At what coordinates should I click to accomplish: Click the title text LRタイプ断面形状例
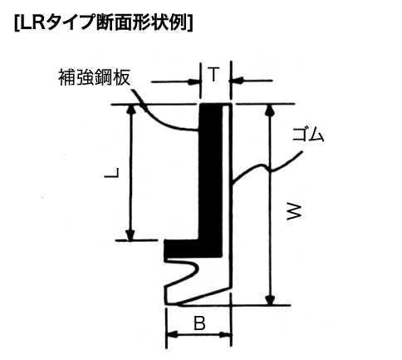click(104, 23)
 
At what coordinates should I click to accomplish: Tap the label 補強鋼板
click(94, 77)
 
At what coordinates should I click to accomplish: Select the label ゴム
click(308, 135)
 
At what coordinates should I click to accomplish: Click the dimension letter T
click(213, 74)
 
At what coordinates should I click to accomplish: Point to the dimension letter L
click(112, 173)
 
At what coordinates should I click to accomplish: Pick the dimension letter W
click(293, 212)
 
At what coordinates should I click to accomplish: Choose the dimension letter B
click(199, 323)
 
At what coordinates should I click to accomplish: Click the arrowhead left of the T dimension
click(194, 82)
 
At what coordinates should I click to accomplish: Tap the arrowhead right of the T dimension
click(236, 81)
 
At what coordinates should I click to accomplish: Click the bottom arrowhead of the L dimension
click(130, 235)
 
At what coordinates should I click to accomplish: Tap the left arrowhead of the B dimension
click(173, 334)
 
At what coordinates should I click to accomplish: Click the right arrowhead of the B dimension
click(225, 334)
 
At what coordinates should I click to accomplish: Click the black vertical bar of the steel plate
click(211, 172)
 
